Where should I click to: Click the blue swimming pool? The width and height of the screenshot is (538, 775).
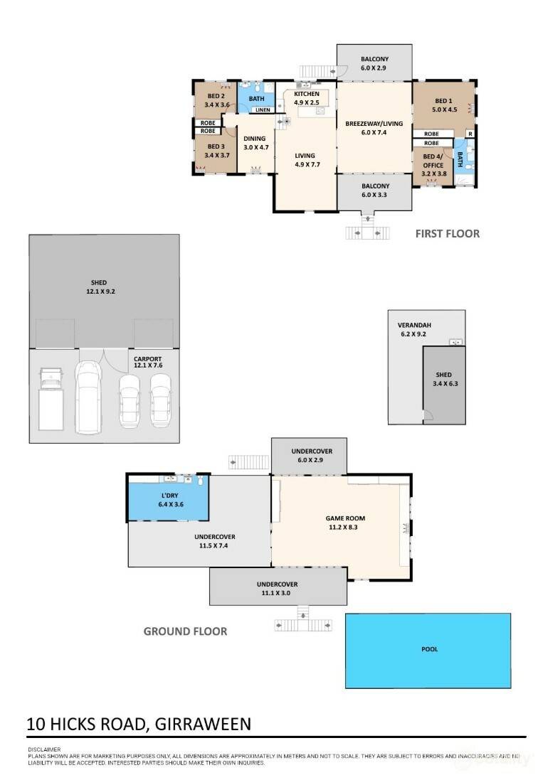click(428, 651)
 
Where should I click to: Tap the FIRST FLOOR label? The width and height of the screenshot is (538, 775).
click(447, 234)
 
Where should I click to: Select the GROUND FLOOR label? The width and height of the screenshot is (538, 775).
click(186, 631)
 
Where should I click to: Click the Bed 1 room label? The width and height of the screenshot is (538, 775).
click(443, 101)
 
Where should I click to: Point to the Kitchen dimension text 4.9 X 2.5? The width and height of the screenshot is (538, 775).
click(307, 103)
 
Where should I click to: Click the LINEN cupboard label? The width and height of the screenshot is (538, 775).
click(263, 109)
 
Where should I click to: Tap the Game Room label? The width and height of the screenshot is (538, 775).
click(345, 518)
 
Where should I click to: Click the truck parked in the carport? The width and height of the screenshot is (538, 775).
click(51, 398)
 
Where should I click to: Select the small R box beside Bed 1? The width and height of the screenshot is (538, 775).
click(470, 134)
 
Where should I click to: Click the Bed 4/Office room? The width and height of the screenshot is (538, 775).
click(433, 166)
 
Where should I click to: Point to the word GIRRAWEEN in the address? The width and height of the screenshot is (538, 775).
click(203, 724)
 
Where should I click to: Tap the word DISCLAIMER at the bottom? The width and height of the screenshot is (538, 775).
click(45, 749)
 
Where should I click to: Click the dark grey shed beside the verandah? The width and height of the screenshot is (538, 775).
click(443, 385)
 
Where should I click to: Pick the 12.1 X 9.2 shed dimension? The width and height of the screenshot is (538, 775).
click(100, 292)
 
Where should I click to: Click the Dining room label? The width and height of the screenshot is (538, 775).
click(255, 139)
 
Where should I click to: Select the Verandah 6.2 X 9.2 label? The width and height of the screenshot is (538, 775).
click(414, 330)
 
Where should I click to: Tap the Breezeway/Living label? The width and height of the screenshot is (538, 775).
click(374, 124)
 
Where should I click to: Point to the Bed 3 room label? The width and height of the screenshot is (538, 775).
click(216, 146)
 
